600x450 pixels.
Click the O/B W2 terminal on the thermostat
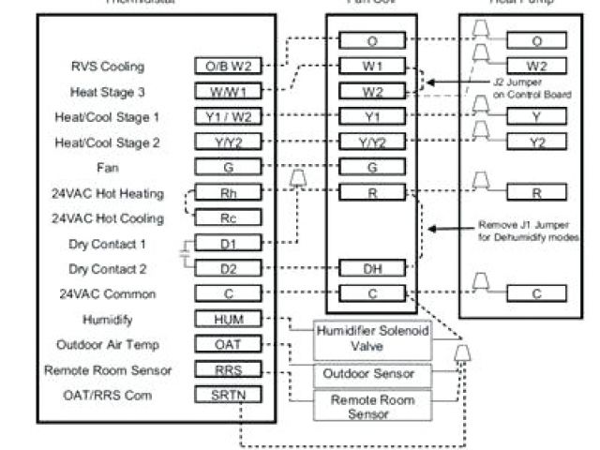pyautogui.click(x=229, y=67)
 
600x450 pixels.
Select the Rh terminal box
pyautogui.click(x=229, y=194)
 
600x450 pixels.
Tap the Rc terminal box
pyautogui.click(x=229, y=218)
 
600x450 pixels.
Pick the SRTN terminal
pyautogui.click(x=229, y=395)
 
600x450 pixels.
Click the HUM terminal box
pyautogui.click(x=229, y=320)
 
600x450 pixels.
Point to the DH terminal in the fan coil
pyautogui.click(x=372, y=268)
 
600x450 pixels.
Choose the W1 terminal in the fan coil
pyautogui.click(x=372, y=67)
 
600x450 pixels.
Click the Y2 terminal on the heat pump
pyautogui.click(x=536, y=142)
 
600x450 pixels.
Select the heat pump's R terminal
pyautogui.click(x=536, y=192)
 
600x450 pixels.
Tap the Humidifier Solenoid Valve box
pyautogui.click(x=363, y=340)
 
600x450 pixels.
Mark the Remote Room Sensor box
pyautogui.click(x=363, y=406)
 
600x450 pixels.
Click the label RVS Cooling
pyautogui.click(x=108, y=67)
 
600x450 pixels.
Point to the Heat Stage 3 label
pyautogui.click(x=108, y=92)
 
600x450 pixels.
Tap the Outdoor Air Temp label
pyautogui.click(x=102, y=344)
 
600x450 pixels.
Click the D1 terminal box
pyautogui.click(x=229, y=244)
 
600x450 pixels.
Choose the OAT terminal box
pyautogui.click(x=229, y=345)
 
